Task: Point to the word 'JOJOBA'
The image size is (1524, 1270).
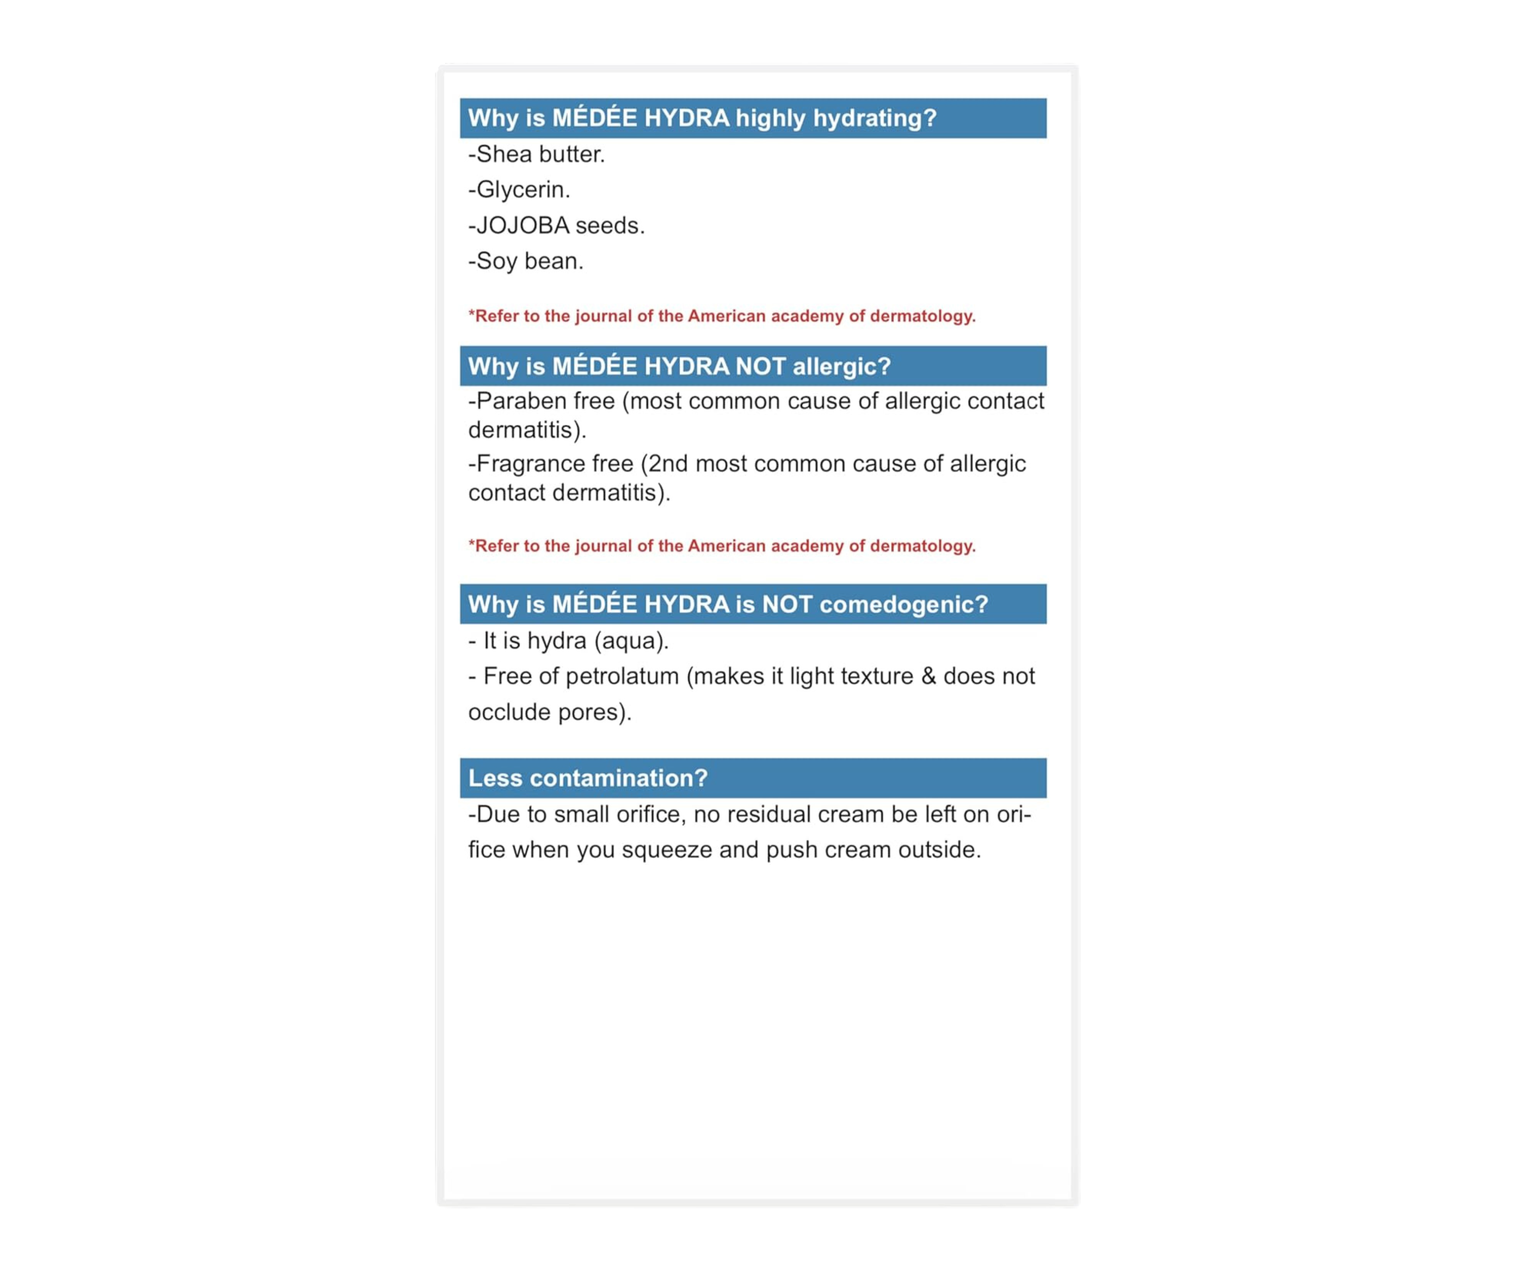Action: [522, 226]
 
